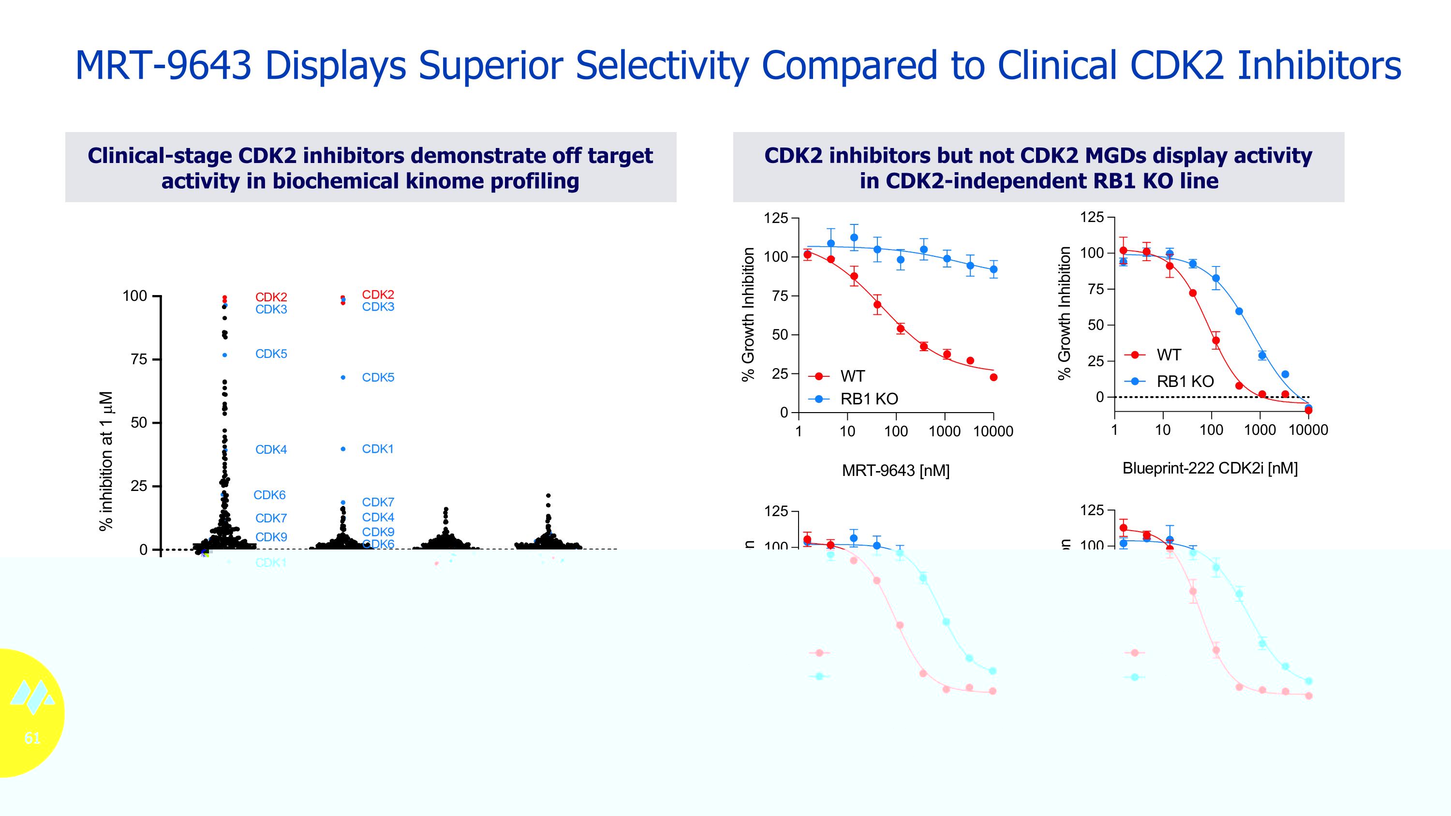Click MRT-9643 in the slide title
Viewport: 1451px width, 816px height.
[163, 65]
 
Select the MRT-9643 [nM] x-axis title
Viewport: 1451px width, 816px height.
[896, 470]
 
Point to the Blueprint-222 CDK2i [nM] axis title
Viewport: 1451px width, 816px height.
[1210, 468]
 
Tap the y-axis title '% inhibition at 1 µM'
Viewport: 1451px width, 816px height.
[106, 460]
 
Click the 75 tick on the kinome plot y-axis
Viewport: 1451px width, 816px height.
[138, 359]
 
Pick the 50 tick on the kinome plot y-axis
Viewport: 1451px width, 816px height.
[138, 422]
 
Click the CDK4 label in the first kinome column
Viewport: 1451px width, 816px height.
[271, 449]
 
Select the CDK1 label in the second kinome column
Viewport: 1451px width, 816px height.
[377, 449]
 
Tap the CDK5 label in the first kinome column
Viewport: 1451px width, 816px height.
[271, 354]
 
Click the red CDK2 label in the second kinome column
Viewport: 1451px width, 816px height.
[378, 295]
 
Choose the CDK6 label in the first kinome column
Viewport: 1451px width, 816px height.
[269, 495]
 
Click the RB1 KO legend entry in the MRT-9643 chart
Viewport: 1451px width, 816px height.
[869, 399]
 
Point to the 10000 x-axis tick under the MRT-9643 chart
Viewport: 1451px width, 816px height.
[993, 431]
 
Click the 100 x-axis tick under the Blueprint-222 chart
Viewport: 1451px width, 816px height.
[1211, 430]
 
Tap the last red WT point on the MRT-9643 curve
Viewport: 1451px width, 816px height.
[993, 377]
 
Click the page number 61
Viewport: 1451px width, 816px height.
[32, 738]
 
